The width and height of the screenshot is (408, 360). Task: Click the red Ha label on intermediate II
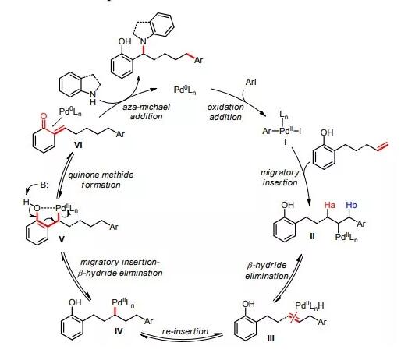[x=330, y=205]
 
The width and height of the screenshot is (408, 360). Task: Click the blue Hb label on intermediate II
[x=351, y=205]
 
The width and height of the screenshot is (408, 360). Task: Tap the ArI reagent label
[x=251, y=82]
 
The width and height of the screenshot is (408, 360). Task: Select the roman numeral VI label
[x=78, y=145]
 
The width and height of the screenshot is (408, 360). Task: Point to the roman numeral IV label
[x=119, y=331]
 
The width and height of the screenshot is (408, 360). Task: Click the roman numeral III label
[x=271, y=338]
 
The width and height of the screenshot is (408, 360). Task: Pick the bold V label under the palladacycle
[x=61, y=239]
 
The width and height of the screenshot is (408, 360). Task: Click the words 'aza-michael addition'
[x=147, y=111]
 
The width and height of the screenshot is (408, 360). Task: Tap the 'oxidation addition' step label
[x=225, y=112]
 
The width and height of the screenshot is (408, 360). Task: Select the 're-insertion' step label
[x=185, y=331]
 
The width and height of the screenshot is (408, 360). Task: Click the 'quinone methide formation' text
[x=101, y=179]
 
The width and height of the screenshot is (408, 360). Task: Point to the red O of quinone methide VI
[x=44, y=116]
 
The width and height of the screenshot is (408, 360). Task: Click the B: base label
[x=44, y=185]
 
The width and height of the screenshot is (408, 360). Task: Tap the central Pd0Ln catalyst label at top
[x=185, y=90]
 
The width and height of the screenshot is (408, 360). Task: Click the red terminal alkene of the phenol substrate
[x=383, y=146]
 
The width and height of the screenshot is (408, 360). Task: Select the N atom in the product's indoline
[x=144, y=41]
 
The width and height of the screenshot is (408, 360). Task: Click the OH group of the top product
[x=124, y=41]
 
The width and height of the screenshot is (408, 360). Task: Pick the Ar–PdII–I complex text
[x=282, y=131]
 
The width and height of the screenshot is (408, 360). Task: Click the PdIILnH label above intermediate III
[x=310, y=305]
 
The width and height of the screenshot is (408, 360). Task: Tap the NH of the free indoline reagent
[x=93, y=97]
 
